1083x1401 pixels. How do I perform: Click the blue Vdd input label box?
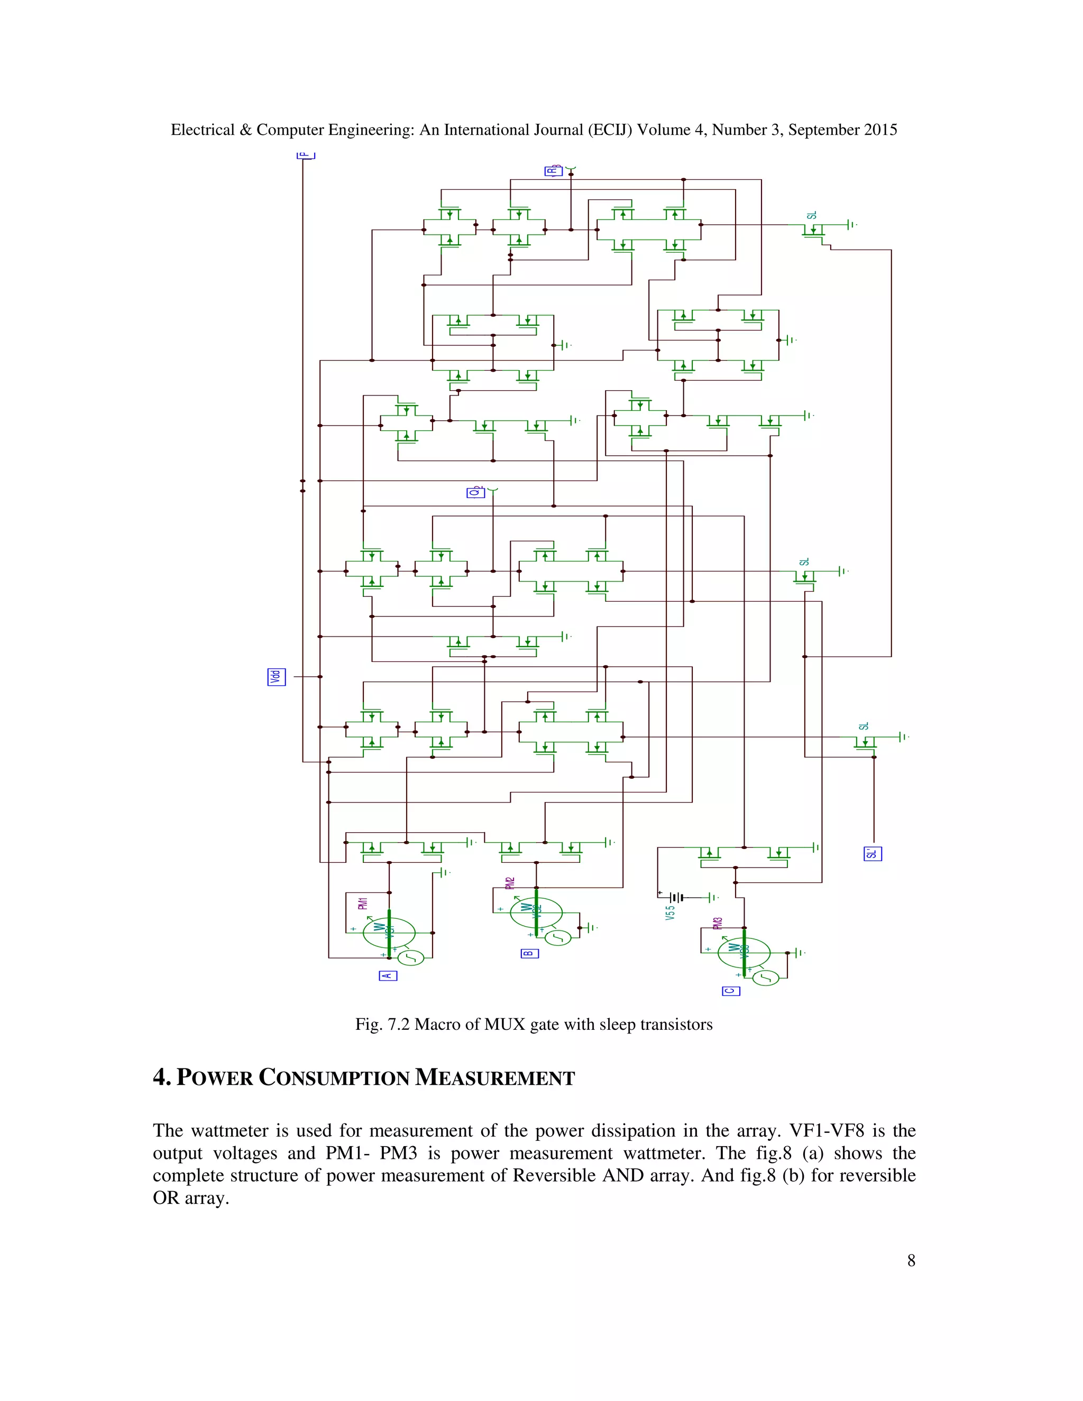pos(276,677)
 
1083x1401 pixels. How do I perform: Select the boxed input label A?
pos(388,976)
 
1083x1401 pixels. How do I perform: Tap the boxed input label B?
pos(529,953)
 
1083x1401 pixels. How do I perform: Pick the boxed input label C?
pos(731,991)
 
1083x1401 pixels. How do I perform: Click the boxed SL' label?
pos(873,854)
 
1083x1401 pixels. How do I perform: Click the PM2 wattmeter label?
pos(510,883)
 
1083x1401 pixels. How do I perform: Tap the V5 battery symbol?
pos(676,898)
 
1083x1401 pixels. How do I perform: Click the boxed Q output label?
pos(475,492)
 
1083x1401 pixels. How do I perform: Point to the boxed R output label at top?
pos(553,171)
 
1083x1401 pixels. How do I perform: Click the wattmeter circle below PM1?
pos(389,932)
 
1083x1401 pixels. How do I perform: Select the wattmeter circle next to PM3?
pos(744,953)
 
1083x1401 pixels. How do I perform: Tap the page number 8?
pos(911,1260)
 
